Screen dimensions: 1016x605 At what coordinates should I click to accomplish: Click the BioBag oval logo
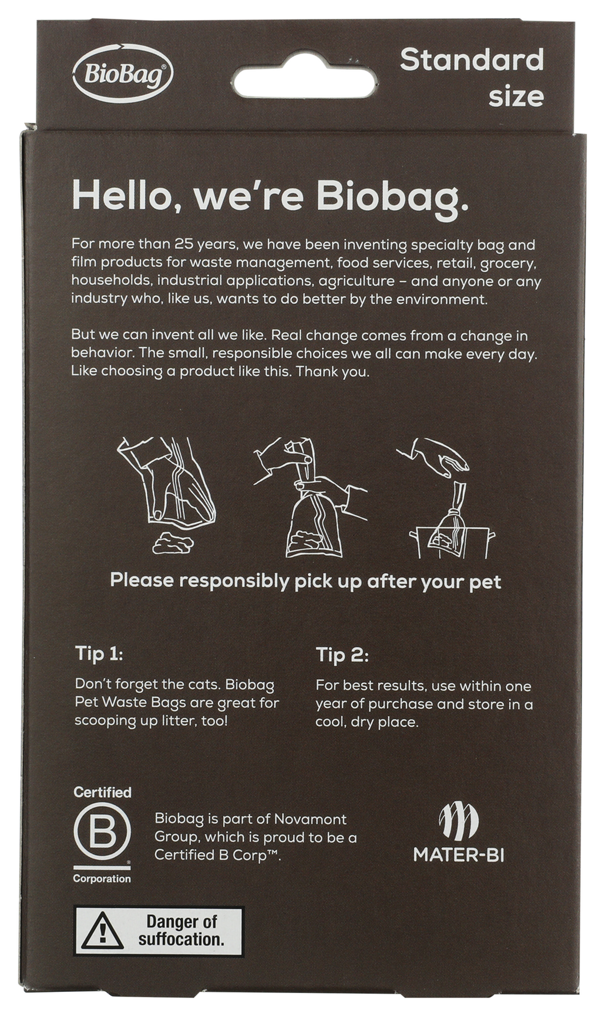coord(123,74)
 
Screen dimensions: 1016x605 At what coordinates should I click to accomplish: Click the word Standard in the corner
coord(472,60)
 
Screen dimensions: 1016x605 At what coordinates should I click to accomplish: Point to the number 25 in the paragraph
coord(180,244)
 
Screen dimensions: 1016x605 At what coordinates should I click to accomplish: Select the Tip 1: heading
coord(99,653)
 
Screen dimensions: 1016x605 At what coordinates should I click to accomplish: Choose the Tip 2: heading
coord(342,655)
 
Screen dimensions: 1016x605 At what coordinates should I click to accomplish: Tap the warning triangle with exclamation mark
coord(102,931)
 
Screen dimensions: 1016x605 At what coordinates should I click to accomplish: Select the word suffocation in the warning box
coord(181,940)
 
